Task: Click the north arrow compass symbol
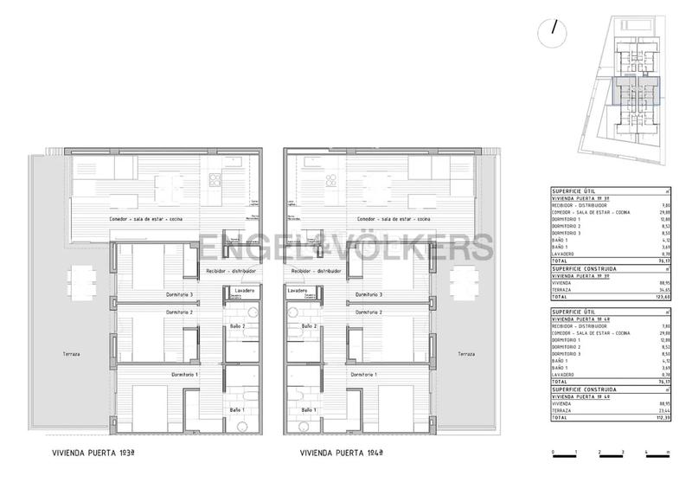point(550,34)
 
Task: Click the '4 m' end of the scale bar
point(646,453)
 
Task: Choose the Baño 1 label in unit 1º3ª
point(236,409)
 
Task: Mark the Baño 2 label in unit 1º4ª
point(309,326)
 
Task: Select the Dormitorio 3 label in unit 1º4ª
point(368,295)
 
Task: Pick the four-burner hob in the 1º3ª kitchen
point(215,179)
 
